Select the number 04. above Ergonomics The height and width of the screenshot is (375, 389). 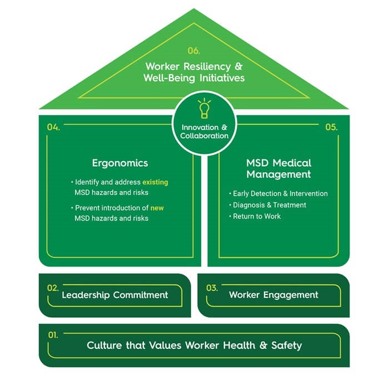point(53,127)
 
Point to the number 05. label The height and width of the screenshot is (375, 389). point(331,127)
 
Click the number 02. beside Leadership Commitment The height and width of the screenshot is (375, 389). point(53,288)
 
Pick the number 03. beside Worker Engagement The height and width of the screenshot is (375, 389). point(212,288)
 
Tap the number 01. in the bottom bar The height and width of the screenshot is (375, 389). point(53,335)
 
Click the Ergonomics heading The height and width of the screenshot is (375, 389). point(120,163)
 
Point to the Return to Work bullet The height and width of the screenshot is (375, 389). point(257,216)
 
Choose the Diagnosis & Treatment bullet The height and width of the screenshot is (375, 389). point(269,205)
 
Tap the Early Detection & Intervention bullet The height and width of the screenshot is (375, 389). point(280,194)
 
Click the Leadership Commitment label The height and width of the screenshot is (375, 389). point(115,295)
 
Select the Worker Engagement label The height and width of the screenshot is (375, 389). point(273,295)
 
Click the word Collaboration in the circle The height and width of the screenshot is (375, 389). point(205,136)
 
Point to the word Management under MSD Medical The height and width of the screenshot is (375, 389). point(278,174)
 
